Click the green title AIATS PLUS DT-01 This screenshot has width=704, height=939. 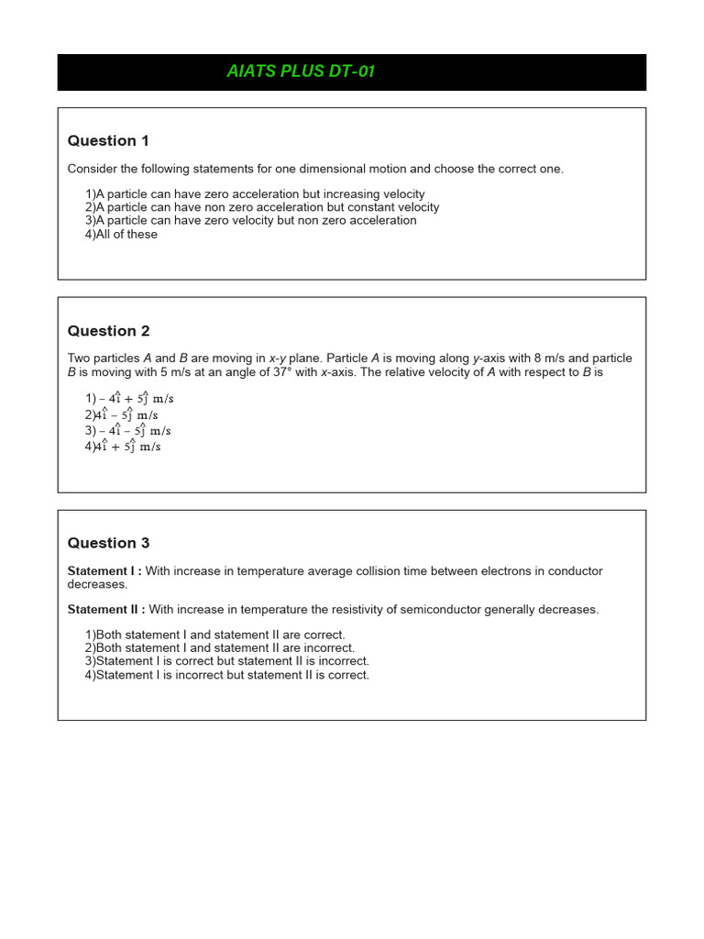[x=301, y=72]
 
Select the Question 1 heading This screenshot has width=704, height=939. [x=108, y=140]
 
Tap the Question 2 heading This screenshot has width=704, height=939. [x=108, y=331]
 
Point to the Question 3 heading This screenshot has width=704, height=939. [x=108, y=543]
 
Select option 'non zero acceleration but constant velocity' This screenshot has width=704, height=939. [x=262, y=207]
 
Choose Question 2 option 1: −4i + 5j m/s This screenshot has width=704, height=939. [x=129, y=399]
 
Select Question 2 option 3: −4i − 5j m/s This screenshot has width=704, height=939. [x=128, y=431]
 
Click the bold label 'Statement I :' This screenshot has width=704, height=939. [x=104, y=571]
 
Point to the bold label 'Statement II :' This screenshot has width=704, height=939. [x=106, y=610]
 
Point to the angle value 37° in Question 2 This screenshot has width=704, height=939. [x=281, y=372]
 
